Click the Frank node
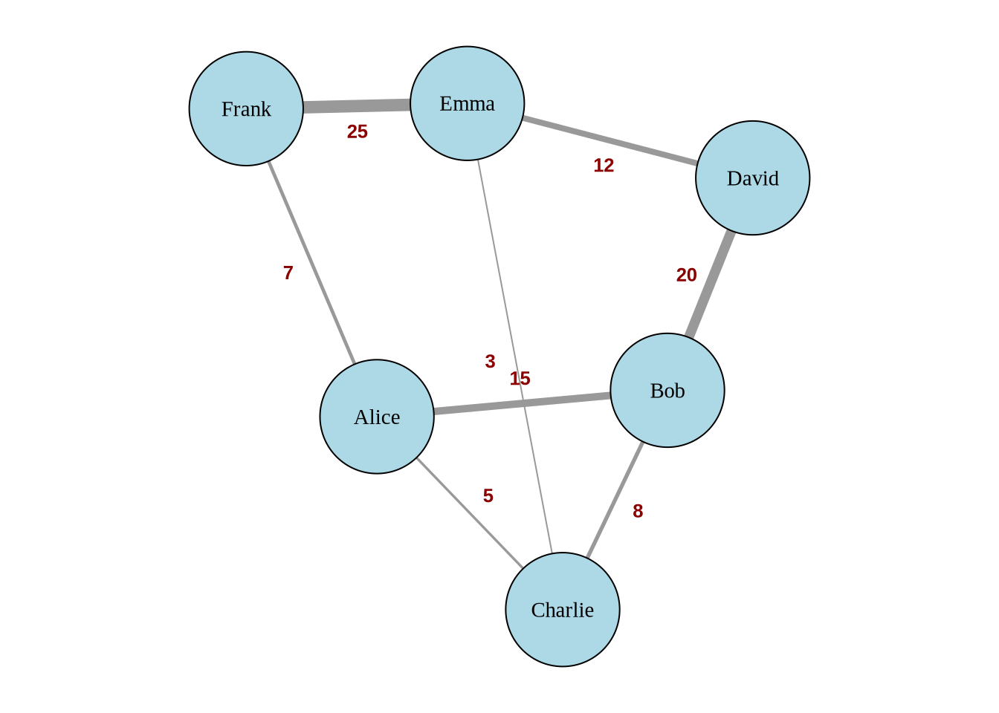click(246, 108)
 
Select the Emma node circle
click(467, 103)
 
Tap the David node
click(752, 178)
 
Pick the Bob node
click(667, 390)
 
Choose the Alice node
click(377, 417)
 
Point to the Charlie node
click(562, 609)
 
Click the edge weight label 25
click(357, 131)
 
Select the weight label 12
click(604, 166)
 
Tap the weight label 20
click(686, 275)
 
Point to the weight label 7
click(288, 273)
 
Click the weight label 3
click(490, 362)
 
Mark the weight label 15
click(520, 379)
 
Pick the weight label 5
click(488, 496)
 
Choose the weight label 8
click(638, 511)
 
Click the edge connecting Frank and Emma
click(357, 106)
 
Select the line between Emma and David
click(610, 140)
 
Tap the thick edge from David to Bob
click(710, 284)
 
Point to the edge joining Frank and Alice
click(311, 262)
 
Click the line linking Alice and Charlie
click(470, 513)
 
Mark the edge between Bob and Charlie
click(615, 500)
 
